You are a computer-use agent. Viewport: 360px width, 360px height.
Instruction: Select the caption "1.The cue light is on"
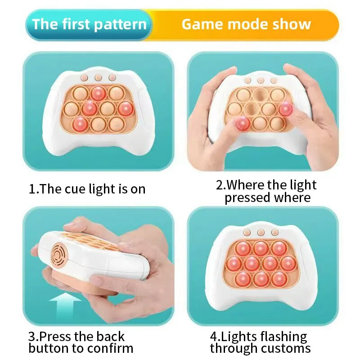tap(87, 189)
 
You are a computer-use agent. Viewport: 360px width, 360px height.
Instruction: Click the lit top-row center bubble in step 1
tap(99, 93)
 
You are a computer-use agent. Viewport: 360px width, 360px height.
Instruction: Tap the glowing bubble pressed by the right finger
tap(285, 109)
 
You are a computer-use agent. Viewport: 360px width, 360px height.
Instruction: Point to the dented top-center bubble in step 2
tap(260, 95)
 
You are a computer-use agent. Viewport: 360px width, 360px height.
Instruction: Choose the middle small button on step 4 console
tap(261, 233)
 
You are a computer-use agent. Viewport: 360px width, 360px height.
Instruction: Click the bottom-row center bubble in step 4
tap(261, 279)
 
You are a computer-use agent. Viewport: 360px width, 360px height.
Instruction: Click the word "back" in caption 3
tap(110, 337)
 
